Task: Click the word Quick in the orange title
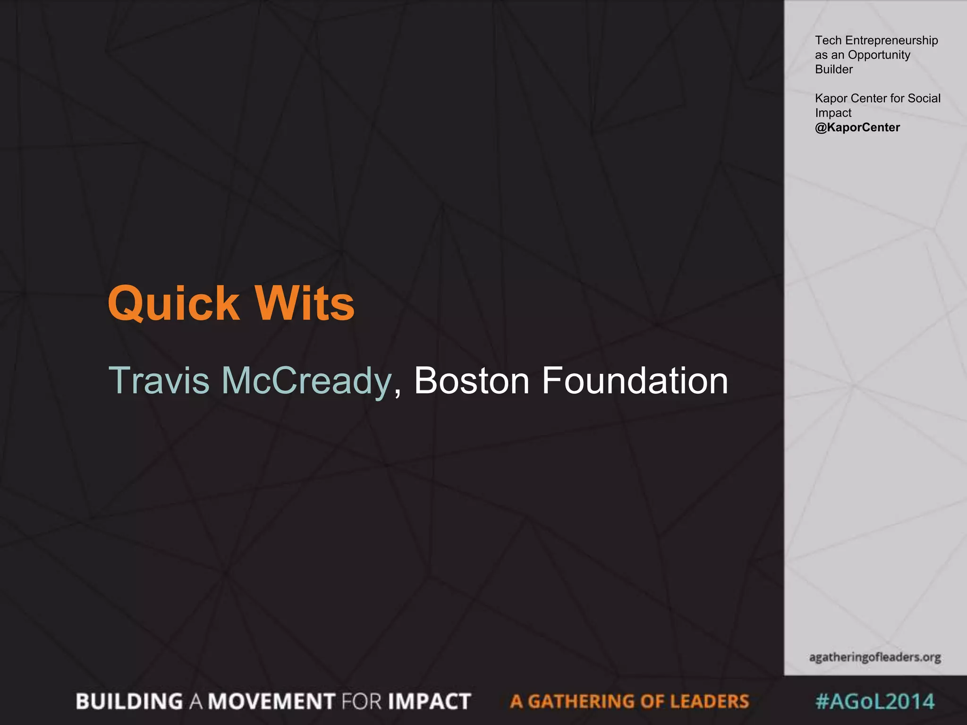click(173, 303)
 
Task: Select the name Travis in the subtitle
click(159, 380)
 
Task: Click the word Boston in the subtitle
click(472, 380)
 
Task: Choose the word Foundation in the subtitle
click(635, 380)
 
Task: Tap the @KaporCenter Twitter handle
click(857, 127)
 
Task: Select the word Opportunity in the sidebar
click(879, 55)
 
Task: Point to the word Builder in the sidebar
click(833, 69)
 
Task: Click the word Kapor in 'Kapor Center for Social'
click(829, 98)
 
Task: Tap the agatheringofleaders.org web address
click(875, 657)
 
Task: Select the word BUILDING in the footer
click(129, 701)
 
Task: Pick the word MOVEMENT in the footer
click(271, 701)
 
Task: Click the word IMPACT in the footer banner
click(429, 701)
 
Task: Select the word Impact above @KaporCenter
click(833, 113)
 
